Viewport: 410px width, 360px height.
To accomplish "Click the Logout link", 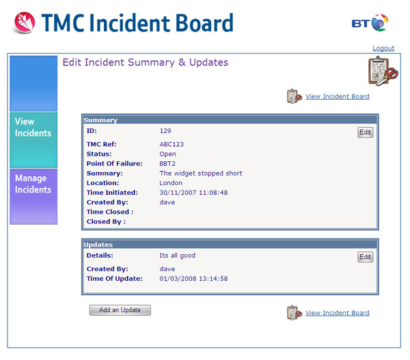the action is click(383, 49).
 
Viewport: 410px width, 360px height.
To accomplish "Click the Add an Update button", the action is click(120, 310).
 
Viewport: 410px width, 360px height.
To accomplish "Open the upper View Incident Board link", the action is click(338, 96).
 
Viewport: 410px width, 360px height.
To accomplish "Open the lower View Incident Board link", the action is click(338, 313).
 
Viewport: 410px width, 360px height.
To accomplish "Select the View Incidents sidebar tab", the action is click(33, 140).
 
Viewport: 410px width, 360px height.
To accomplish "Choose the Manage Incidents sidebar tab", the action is click(33, 197).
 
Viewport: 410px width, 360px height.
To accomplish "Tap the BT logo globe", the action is click(379, 23).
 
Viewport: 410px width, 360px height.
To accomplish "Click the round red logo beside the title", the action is click(25, 23).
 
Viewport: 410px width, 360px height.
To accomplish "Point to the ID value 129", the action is click(165, 130).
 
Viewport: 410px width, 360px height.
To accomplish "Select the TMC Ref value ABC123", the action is click(172, 144).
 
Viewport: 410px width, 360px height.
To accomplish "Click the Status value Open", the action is click(167, 154).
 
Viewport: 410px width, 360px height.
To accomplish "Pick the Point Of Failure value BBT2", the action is click(167, 164).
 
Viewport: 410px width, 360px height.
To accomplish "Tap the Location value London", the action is click(171, 183).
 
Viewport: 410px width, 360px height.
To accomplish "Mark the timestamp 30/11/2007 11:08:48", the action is click(193, 193).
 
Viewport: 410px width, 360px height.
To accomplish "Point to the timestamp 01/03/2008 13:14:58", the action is click(193, 279).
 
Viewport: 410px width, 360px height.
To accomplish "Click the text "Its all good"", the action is click(177, 255).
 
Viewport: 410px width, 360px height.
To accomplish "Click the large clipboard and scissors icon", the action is click(383, 71).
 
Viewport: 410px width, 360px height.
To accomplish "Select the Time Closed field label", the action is click(110, 212).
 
